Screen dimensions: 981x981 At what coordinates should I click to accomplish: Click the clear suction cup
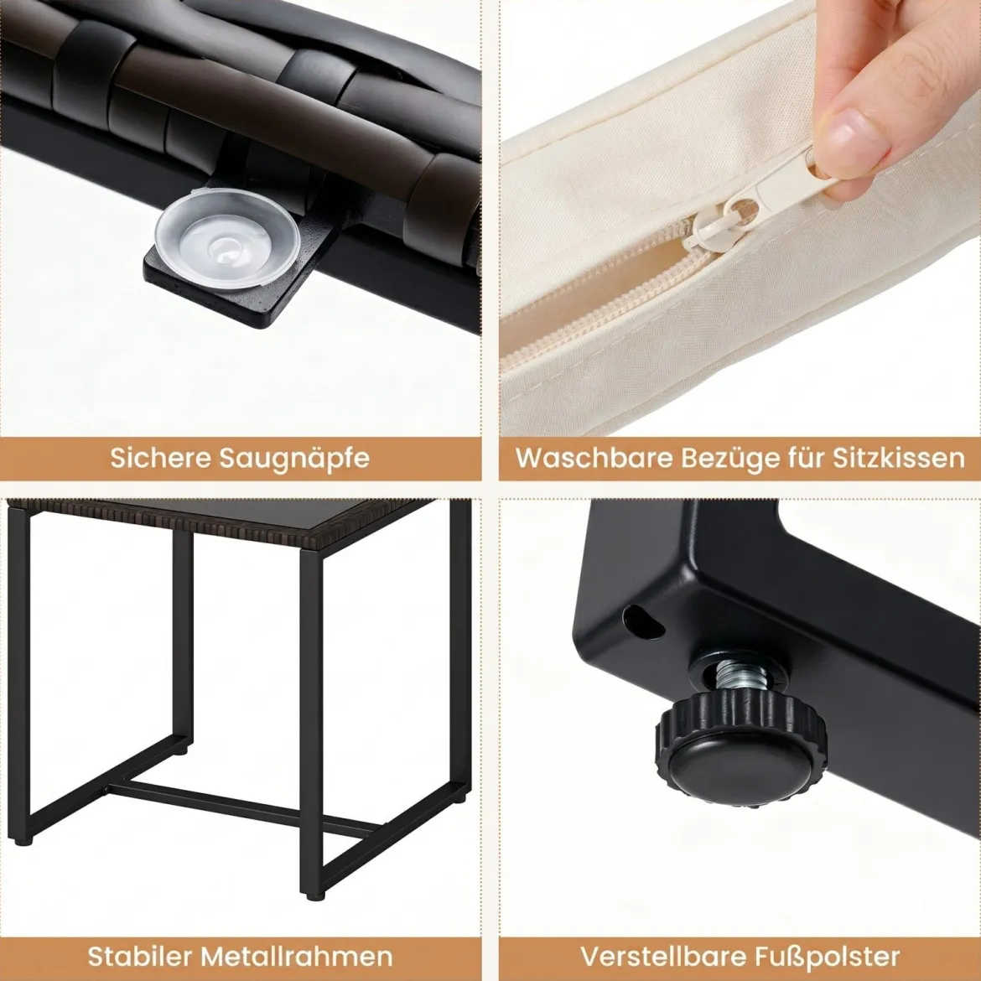click(x=226, y=241)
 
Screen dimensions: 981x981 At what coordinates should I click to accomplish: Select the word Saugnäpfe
click(x=295, y=459)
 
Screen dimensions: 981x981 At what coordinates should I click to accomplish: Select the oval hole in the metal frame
click(x=643, y=621)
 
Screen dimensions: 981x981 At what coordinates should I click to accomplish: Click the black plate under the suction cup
click(x=244, y=275)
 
